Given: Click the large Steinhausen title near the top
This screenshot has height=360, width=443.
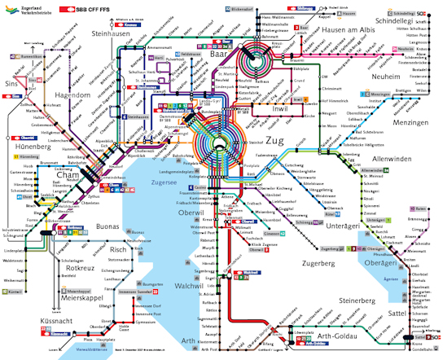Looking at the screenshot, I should [x=112, y=34].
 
